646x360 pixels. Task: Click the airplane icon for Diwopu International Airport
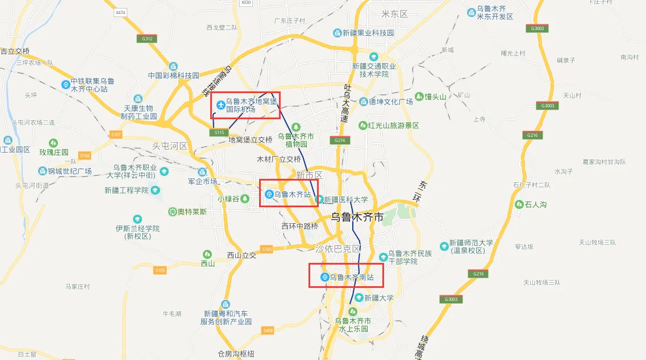point(221,104)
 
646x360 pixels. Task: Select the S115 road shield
point(218,132)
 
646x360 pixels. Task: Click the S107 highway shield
point(116,134)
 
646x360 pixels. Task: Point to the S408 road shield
point(268,330)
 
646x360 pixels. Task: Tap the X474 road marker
point(120,12)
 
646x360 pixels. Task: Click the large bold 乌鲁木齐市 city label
point(357,216)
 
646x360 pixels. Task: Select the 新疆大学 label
point(379,298)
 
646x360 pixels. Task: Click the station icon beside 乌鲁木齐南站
point(324,277)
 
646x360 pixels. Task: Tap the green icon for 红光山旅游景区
point(363,125)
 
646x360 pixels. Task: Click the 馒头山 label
point(436,97)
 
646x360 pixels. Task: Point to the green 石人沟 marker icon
point(519,204)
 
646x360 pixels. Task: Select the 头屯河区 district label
point(169,146)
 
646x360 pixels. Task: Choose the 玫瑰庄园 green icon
point(53,143)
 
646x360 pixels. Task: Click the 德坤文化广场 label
point(391,102)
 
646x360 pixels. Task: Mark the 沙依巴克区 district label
point(338,249)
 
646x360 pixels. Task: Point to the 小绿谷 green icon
point(245,198)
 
